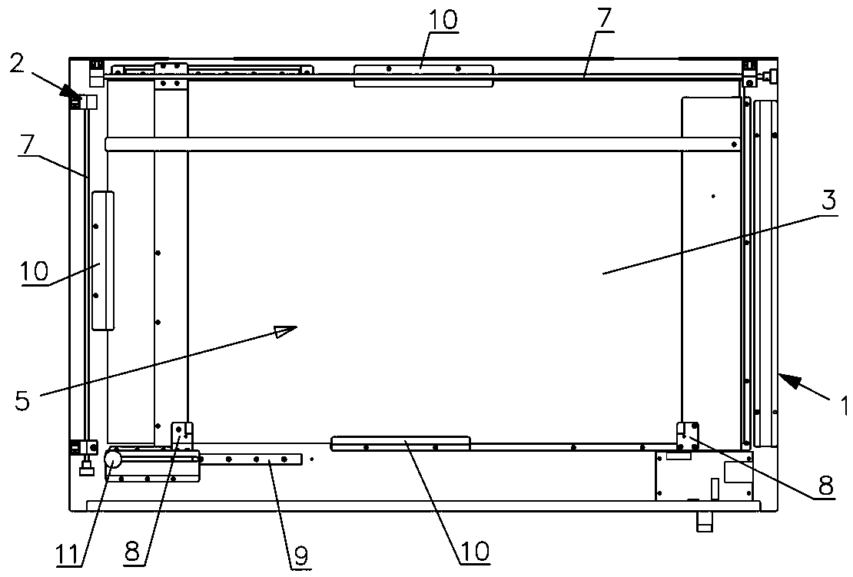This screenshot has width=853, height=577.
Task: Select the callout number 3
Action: (828, 202)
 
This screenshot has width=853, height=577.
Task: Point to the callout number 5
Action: (22, 401)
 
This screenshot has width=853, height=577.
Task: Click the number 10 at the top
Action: (443, 20)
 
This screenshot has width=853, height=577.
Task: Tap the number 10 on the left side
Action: (35, 270)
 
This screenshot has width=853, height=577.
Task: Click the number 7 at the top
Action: (604, 21)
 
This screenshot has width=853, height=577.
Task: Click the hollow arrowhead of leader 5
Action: (286, 330)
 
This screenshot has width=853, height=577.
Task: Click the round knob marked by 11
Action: (113, 459)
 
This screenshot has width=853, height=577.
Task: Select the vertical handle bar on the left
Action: (102, 261)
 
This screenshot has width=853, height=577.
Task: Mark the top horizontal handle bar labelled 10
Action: (423, 75)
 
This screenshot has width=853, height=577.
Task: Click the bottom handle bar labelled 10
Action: (400, 443)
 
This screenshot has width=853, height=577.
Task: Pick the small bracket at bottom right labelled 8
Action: (687, 436)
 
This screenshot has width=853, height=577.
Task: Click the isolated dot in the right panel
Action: (713, 197)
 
